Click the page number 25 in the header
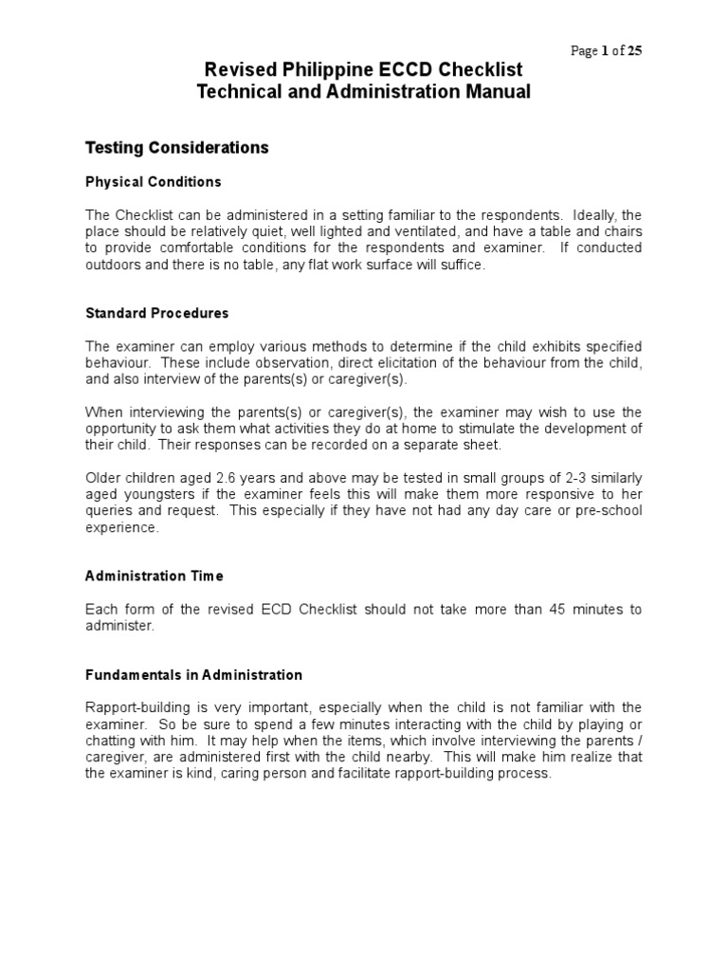(633, 51)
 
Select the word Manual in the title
(499, 92)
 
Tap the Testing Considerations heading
(177, 148)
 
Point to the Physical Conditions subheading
(154, 181)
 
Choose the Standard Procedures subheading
(157, 313)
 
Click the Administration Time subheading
(155, 576)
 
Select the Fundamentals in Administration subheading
(194, 675)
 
